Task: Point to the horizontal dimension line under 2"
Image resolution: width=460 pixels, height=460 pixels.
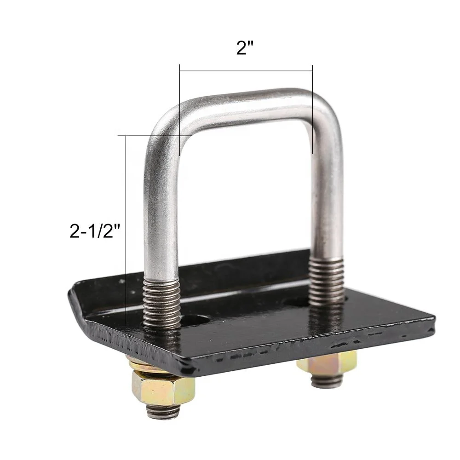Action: pos(246,71)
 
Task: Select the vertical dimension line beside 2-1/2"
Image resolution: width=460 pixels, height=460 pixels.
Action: pos(126,230)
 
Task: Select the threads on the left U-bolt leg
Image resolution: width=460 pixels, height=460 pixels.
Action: pos(161,304)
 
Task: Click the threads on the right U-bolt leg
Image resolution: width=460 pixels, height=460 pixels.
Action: pos(327,281)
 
